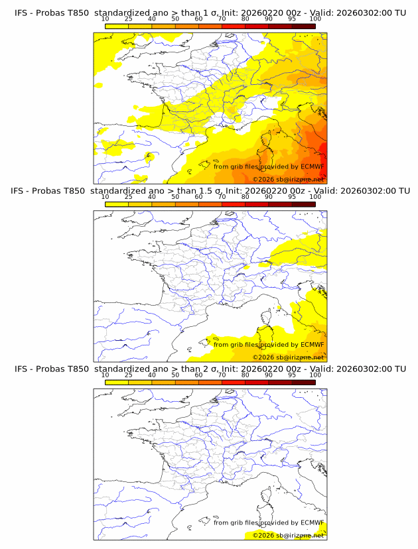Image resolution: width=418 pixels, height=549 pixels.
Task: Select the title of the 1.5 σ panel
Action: (210, 190)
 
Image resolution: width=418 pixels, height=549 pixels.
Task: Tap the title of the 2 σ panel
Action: (210, 369)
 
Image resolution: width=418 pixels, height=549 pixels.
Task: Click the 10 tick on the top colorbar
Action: (105, 19)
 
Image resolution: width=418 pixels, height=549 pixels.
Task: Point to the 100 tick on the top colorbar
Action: (315, 19)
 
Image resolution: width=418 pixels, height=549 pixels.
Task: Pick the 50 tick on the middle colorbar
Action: (175, 197)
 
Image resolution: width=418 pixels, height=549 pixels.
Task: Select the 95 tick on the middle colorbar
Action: (292, 197)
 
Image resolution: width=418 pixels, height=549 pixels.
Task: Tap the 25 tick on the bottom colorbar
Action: (129, 375)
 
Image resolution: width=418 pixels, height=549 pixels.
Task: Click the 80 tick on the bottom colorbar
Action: (245, 375)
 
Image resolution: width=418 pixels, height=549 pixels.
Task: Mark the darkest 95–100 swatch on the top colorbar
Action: (303, 25)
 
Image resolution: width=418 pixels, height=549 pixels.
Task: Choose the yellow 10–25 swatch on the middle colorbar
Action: (117, 204)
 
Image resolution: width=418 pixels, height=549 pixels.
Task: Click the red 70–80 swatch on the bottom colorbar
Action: (234, 382)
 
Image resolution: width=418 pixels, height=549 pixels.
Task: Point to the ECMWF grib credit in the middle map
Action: (269, 345)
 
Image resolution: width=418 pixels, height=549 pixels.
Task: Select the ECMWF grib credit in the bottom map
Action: (269, 523)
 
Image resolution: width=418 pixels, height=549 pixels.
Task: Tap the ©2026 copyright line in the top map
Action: (288, 179)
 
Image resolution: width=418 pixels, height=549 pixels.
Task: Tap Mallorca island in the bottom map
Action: (205, 522)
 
